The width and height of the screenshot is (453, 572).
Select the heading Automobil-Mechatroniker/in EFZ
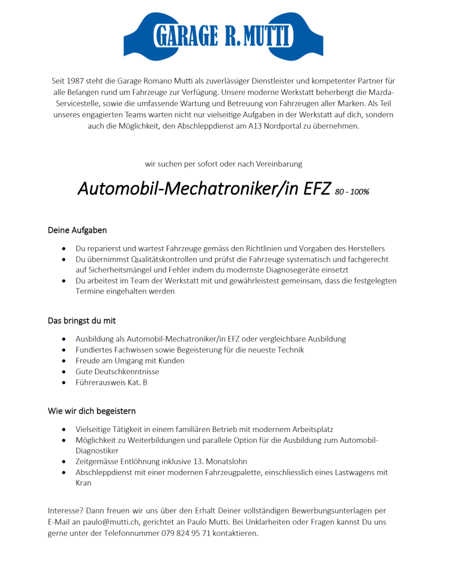tap(204, 188)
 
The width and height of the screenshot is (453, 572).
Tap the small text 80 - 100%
tap(352, 192)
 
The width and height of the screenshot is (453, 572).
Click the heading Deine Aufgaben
tap(77, 231)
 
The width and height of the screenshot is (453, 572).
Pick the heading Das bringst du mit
tap(82, 321)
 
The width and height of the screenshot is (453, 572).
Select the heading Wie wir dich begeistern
tap(91, 411)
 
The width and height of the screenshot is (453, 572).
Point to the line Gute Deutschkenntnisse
tap(117, 371)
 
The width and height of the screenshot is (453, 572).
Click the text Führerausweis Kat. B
tap(112, 383)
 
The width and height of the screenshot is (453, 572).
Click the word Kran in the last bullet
tap(83, 483)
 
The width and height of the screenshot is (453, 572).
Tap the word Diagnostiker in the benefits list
tap(97, 451)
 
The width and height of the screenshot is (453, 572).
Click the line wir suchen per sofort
tap(223, 164)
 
